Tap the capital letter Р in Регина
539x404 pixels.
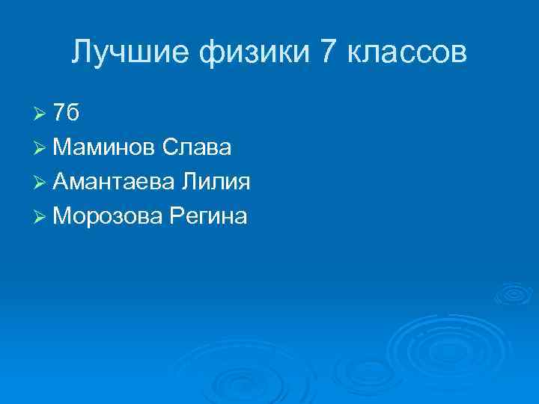point(175,217)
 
